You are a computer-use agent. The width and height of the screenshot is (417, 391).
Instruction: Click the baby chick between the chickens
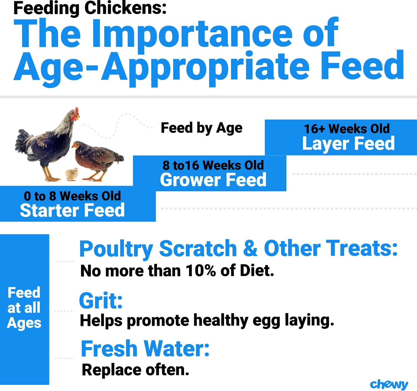tap(72, 174)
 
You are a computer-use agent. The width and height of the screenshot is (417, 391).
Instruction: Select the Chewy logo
tap(389, 385)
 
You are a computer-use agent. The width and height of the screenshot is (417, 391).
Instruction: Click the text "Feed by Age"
tap(202, 128)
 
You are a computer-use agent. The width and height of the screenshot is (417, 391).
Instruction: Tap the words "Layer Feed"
tap(349, 143)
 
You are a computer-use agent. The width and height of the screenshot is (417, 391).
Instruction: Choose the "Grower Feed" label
tap(213, 180)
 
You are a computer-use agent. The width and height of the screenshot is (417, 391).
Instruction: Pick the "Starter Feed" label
tap(72, 210)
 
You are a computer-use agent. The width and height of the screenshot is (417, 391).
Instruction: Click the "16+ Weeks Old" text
tap(347, 128)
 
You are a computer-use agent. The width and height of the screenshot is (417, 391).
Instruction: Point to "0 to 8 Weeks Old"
tap(73, 196)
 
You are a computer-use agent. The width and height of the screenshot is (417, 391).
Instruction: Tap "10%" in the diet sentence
tap(201, 271)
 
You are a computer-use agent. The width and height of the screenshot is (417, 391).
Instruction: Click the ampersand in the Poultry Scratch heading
tap(250, 248)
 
